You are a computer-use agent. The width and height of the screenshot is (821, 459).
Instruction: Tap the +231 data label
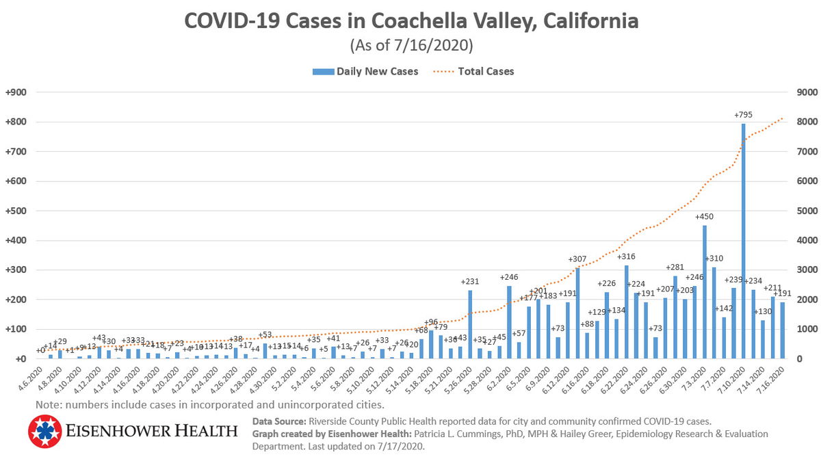click(470, 281)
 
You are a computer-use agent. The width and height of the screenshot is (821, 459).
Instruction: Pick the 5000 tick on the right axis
click(803, 211)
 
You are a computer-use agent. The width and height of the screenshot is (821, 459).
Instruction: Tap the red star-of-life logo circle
click(45, 431)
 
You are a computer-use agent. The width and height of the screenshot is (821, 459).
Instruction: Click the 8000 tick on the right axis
click(803, 122)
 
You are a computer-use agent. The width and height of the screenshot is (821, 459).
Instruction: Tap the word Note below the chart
click(49, 405)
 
